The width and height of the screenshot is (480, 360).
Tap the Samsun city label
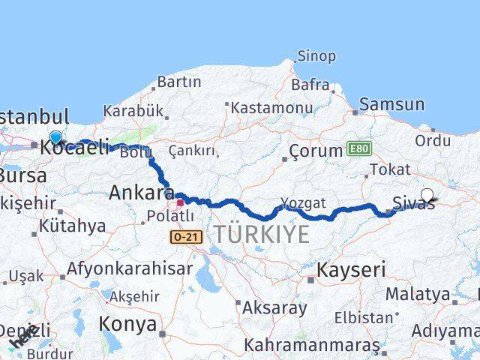click(391, 105)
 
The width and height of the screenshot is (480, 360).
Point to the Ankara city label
click(142, 192)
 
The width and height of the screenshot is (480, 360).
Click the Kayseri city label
click(351, 268)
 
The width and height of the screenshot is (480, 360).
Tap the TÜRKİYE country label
click(261, 234)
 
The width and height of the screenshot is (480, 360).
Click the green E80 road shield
click(358, 150)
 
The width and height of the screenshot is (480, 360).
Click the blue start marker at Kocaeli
click(55, 137)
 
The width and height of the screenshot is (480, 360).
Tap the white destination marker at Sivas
click(427, 195)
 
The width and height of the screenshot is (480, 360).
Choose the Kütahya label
click(72, 226)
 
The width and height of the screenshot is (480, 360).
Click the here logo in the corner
click(23, 340)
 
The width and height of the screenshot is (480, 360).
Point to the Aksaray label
click(274, 307)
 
